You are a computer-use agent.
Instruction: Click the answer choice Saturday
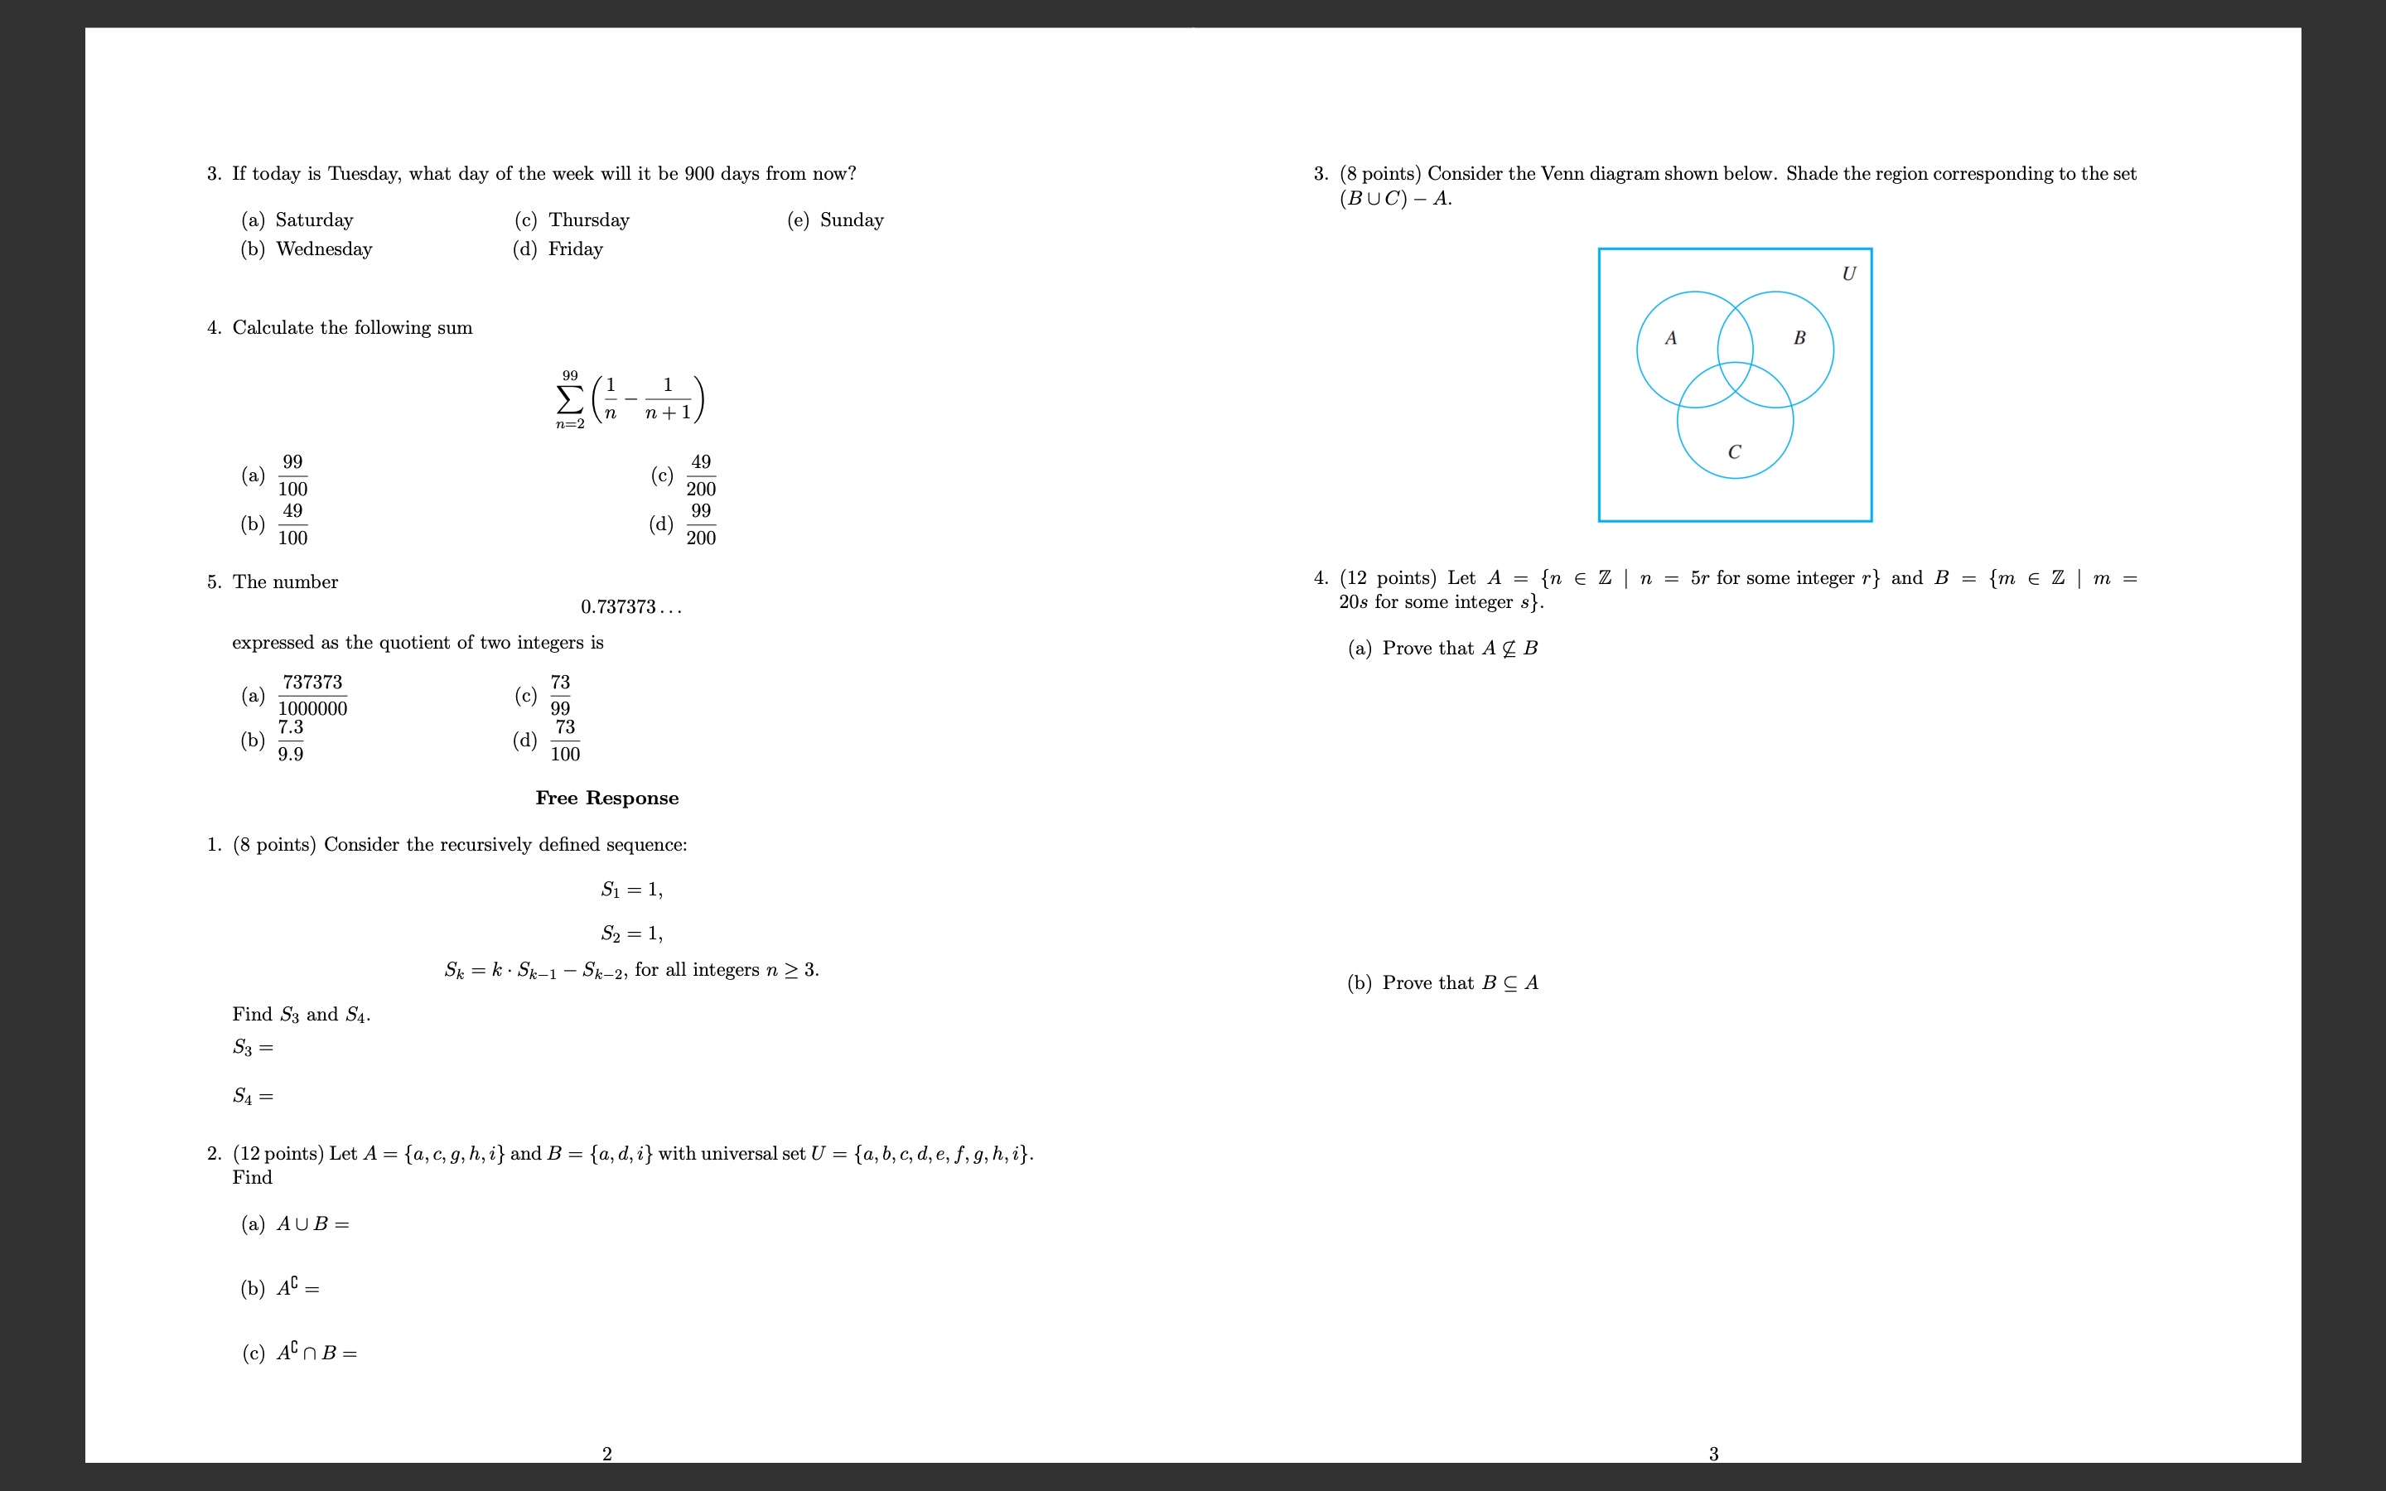point(313,220)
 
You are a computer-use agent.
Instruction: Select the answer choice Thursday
point(588,220)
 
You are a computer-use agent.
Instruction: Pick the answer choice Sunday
point(851,220)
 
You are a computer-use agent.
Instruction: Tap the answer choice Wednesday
point(323,249)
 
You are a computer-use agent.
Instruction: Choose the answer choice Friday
point(575,249)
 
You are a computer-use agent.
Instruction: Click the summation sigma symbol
point(570,399)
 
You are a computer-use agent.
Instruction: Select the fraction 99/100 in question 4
point(292,475)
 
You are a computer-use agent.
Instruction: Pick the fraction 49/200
point(701,475)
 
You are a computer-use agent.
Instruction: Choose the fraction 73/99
point(560,695)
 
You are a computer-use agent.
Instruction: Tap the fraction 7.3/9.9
point(290,741)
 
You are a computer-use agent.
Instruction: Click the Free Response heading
point(606,798)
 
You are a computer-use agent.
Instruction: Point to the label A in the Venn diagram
point(1670,338)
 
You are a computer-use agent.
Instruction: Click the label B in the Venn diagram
point(1799,338)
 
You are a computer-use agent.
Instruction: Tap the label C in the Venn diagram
point(1734,451)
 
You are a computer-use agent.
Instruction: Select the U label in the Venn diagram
point(1847,274)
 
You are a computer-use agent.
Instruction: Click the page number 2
point(606,1454)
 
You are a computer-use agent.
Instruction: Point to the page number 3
point(1713,1454)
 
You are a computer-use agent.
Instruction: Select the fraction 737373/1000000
point(312,695)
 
